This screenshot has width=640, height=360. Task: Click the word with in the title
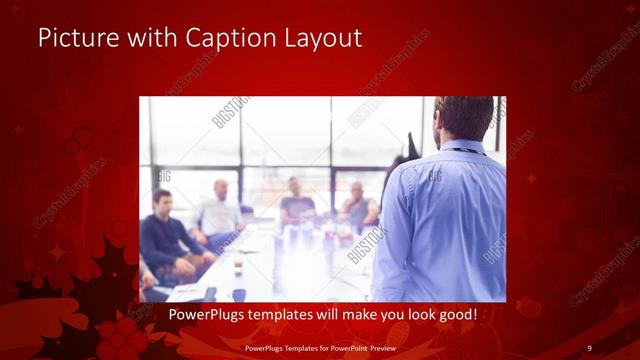[x=147, y=38]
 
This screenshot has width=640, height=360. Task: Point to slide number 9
[x=590, y=347]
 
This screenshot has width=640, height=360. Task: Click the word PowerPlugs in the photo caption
[x=206, y=315]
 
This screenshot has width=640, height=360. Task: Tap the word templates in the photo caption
[x=286, y=315]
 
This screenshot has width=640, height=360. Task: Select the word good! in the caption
[x=455, y=315]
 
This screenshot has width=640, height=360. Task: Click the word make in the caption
[x=354, y=315]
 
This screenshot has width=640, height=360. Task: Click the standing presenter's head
[x=465, y=118]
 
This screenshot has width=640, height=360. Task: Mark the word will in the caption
[x=330, y=315]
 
